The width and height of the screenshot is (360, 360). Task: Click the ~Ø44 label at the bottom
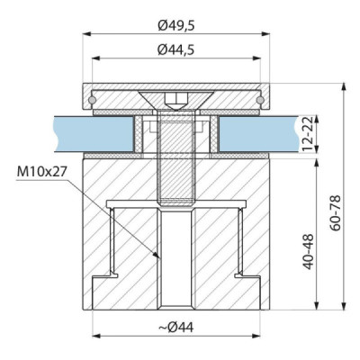176,328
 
